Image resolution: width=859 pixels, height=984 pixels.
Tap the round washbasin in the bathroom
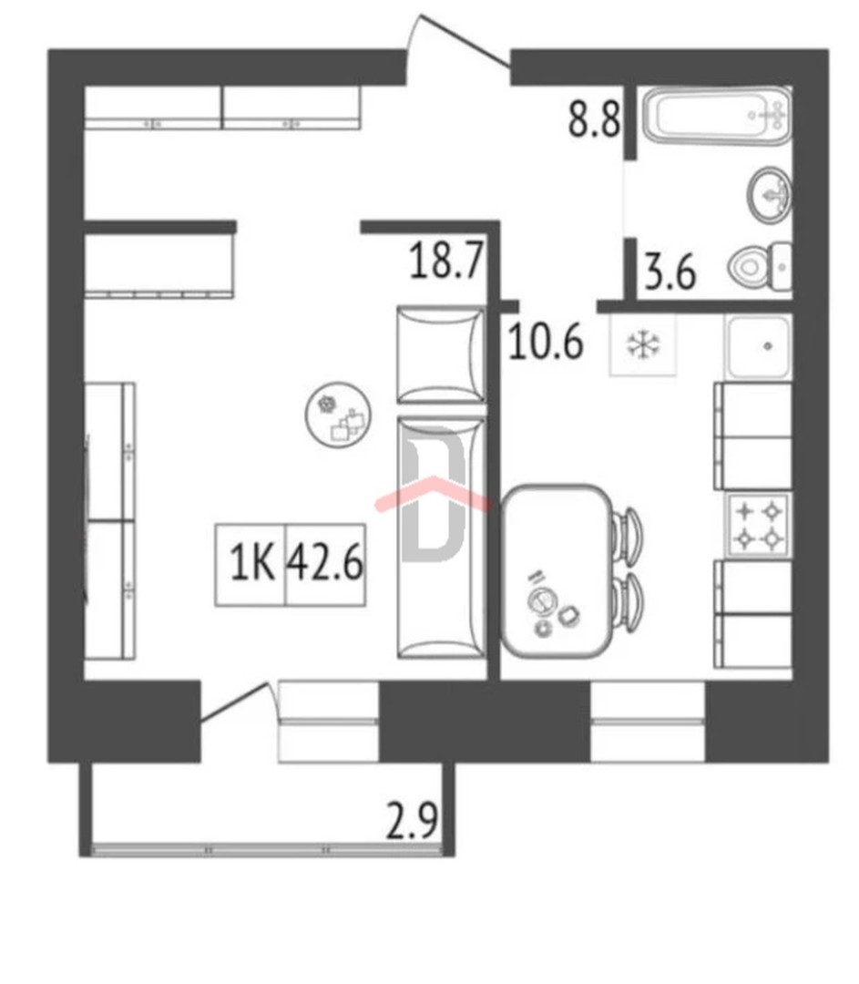[769, 195]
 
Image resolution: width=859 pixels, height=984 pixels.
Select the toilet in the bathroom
[760, 267]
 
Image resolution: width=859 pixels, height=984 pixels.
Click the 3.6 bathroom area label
[670, 272]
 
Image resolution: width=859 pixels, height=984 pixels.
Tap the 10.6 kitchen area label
[546, 342]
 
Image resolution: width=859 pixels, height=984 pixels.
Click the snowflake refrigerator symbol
[643, 344]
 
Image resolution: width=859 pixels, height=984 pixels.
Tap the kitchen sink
[758, 347]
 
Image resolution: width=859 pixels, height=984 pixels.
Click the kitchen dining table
[557, 571]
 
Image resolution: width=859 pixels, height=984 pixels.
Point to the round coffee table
[338, 415]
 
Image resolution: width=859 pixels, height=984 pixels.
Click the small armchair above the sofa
[441, 354]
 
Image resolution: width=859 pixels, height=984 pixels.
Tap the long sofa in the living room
[441, 538]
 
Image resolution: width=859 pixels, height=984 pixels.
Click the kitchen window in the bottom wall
[649, 722]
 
